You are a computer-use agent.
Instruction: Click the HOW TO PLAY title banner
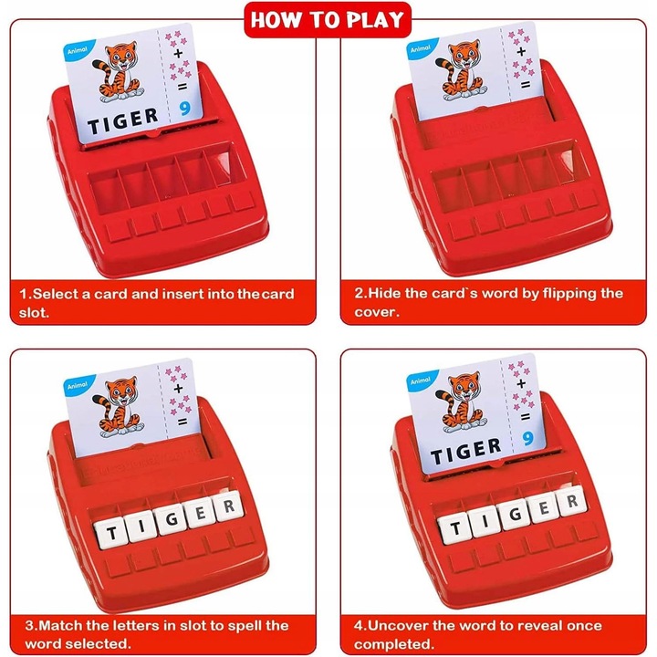(328, 18)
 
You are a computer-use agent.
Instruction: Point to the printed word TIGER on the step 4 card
(466, 450)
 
